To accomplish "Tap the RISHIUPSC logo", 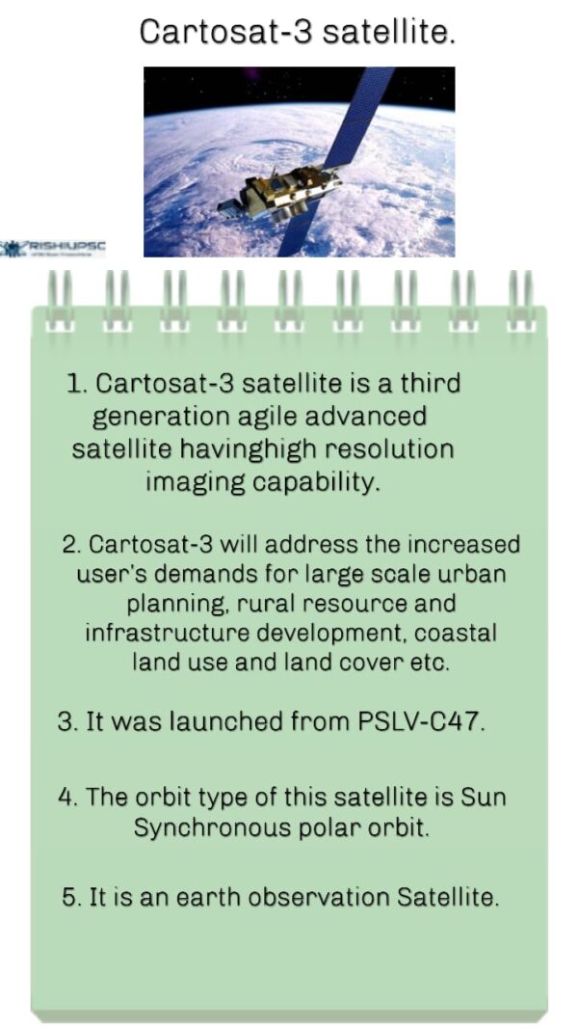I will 53,248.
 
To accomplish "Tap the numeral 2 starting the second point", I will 69,545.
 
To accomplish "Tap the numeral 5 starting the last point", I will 69,897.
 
